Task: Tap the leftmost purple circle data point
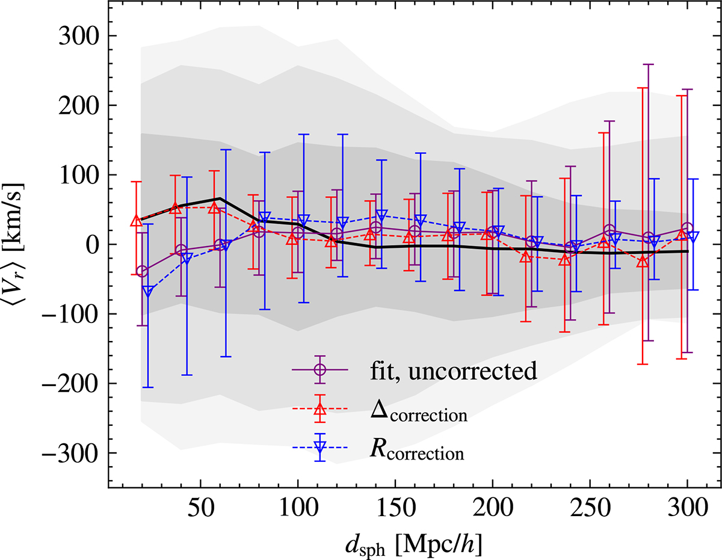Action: [x=142, y=271]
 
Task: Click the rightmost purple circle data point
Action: [x=688, y=229]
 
